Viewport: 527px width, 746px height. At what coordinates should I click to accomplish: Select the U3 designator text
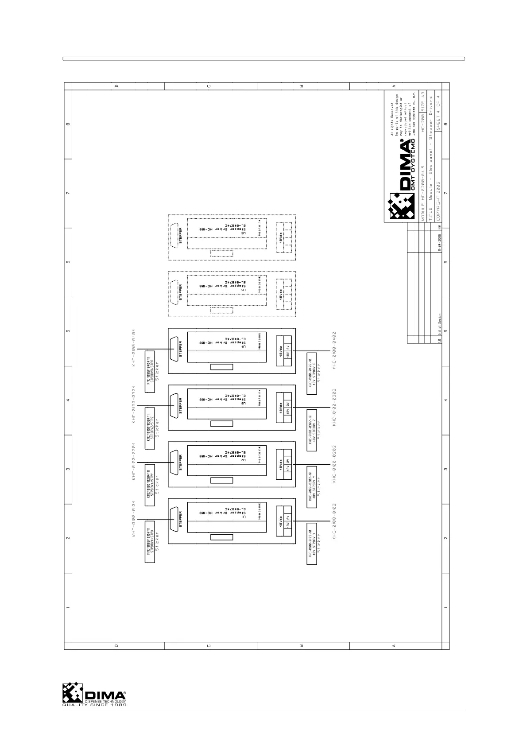(244, 403)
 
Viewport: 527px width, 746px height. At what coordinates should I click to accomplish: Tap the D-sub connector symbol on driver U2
(174, 462)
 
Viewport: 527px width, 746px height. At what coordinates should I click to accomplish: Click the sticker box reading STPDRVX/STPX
(150, 542)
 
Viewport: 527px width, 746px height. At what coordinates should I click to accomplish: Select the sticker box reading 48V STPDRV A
(312, 373)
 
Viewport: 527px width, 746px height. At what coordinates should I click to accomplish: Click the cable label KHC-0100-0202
(335, 464)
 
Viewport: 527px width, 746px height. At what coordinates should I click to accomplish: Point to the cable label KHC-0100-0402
(335, 350)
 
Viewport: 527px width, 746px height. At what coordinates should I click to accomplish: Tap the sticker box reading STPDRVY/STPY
(150, 486)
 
